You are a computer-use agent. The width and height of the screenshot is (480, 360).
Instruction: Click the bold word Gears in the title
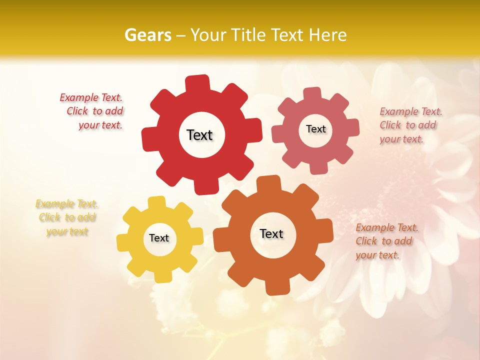tap(147, 35)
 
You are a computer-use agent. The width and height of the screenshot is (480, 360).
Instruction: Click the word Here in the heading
tap(327, 35)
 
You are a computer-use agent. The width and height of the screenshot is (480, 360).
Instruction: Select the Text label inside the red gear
tap(199, 135)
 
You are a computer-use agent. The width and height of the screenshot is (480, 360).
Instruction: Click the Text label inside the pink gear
tap(315, 129)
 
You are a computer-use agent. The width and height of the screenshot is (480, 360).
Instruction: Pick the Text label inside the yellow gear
tap(159, 238)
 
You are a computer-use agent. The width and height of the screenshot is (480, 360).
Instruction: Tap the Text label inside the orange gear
tap(271, 233)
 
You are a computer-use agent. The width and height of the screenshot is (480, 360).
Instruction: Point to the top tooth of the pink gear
tap(313, 93)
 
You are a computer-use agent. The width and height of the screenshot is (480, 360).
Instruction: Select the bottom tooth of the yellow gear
tap(161, 276)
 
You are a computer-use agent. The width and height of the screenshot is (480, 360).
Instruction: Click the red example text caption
tap(92, 111)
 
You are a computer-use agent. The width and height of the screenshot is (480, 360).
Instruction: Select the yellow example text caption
tap(67, 217)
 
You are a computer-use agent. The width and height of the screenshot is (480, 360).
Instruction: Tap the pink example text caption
tap(410, 125)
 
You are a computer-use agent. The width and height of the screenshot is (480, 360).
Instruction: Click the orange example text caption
tap(386, 241)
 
